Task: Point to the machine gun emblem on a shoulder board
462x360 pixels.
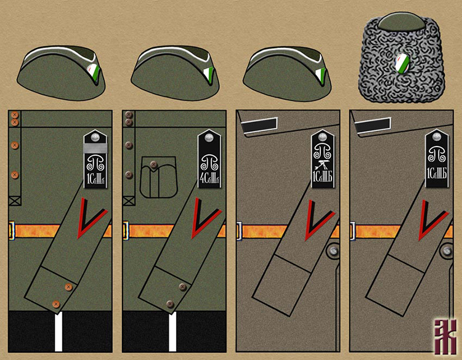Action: coord(321,165)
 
